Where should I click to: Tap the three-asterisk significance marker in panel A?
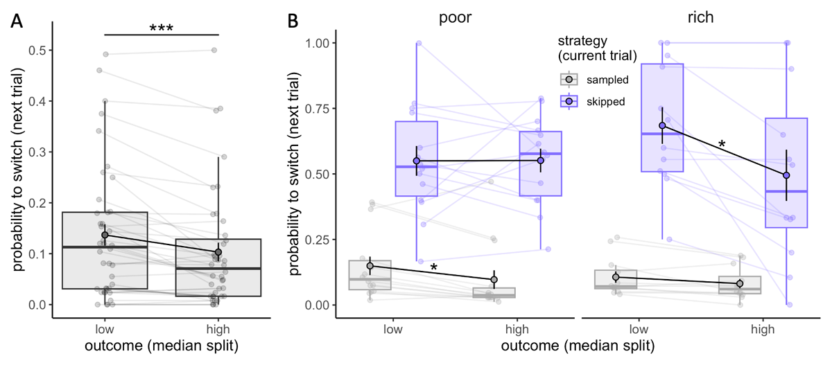161,28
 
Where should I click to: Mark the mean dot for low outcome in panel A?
105,235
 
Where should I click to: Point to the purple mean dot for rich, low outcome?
662,126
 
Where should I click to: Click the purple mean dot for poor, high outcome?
540,161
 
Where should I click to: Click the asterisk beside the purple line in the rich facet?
722,144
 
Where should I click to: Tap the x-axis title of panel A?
161,345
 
